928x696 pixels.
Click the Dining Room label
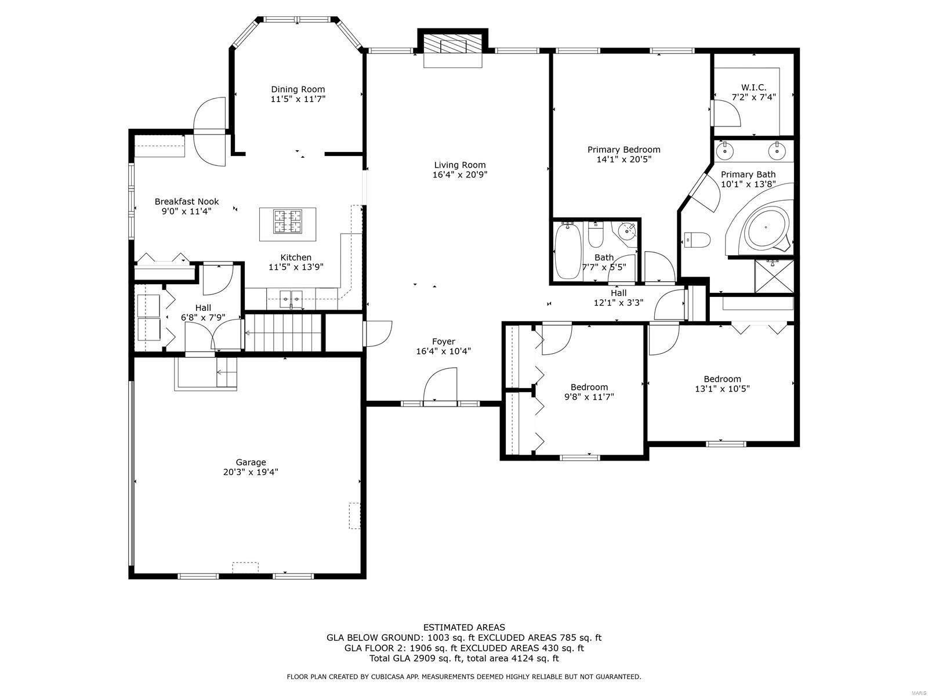click(298, 89)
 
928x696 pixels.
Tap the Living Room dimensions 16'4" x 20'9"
click(459, 175)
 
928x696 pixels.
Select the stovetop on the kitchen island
click(288, 222)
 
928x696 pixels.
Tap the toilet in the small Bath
click(595, 236)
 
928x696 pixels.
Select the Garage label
click(251, 462)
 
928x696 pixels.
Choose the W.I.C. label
click(753, 88)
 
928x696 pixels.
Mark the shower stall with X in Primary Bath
click(774, 277)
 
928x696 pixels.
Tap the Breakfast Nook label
click(186, 202)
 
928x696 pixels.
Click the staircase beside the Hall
click(284, 332)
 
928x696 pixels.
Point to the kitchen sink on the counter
click(291, 299)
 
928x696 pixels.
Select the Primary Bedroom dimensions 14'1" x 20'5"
click(623, 159)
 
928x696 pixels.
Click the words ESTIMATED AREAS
click(464, 628)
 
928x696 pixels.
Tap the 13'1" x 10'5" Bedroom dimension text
click(722, 389)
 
